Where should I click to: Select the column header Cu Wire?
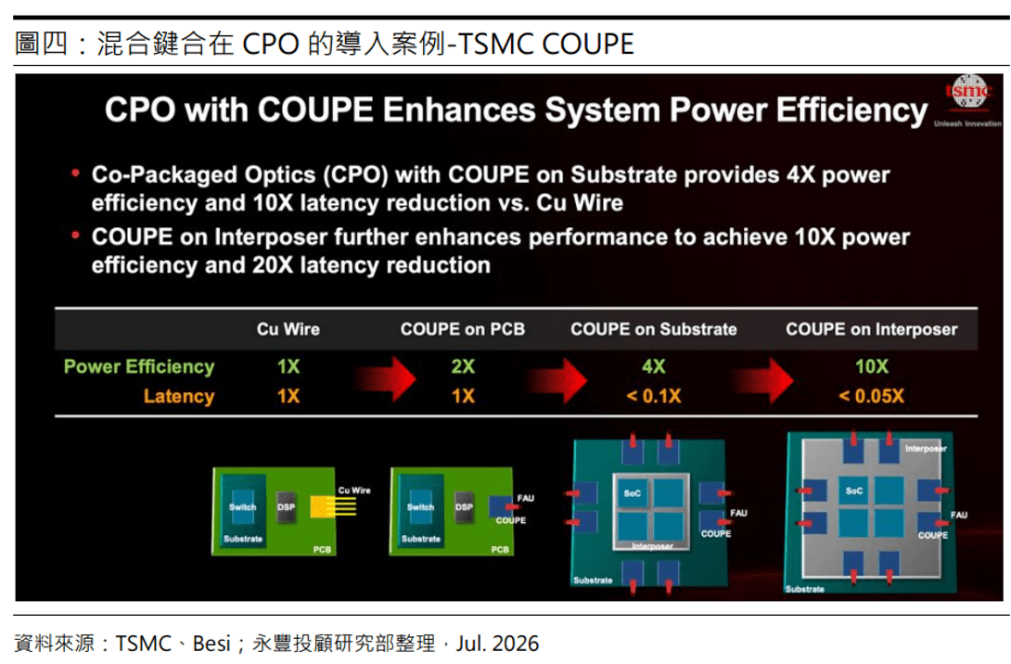click(288, 329)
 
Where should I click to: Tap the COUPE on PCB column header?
click(462, 329)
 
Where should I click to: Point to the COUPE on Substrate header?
click(653, 329)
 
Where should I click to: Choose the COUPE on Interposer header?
click(871, 329)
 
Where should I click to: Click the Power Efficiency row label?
click(139, 367)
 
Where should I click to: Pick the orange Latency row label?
click(179, 396)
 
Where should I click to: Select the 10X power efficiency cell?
click(872, 367)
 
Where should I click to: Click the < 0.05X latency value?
click(872, 396)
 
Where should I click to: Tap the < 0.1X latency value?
click(653, 396)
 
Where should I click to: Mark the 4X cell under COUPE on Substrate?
click(653, 367)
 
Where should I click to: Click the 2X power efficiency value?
click(463, 367)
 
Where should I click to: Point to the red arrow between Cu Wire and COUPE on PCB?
click(384, 379)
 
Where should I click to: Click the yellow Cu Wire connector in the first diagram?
click(333, 506)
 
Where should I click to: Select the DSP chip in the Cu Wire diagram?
click(286, 507)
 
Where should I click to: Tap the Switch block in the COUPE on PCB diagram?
click(420, 507)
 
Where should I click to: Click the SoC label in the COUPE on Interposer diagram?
click(854, 492)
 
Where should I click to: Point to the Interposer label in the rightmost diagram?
click(926, 449)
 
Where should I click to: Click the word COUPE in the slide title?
click(315, 109)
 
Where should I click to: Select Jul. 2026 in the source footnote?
click(497, 644)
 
